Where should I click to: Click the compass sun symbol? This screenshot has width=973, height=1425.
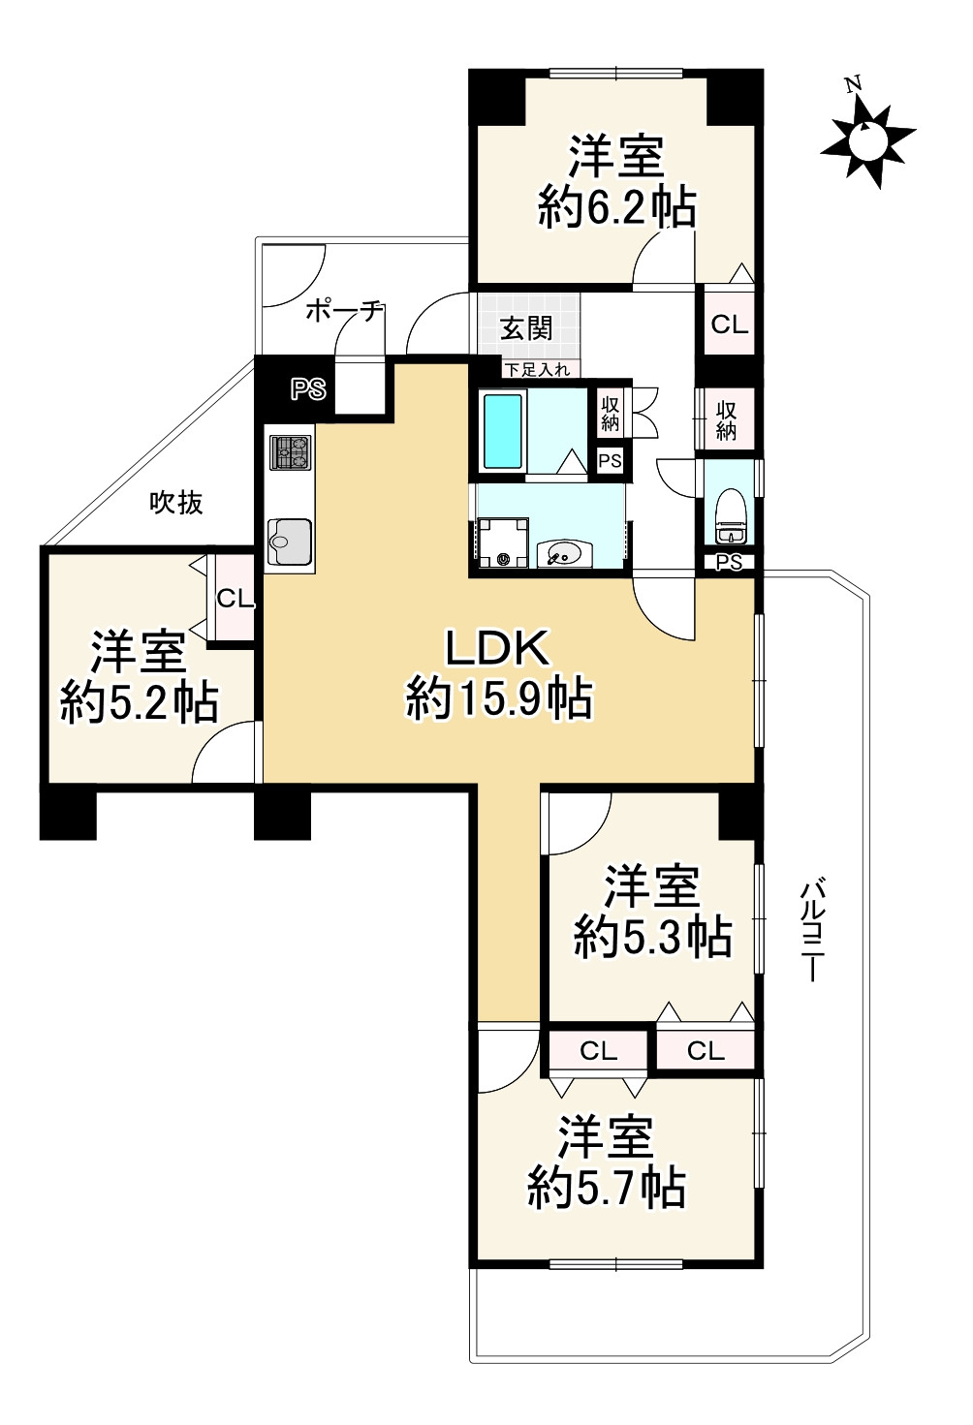pyautogui.click(x=867, y=141)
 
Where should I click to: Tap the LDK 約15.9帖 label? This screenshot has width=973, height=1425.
pyautogui.click(x=498, y=673)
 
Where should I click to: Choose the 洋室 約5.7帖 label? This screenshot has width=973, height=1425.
pyautogui.click(x=607, y=1162)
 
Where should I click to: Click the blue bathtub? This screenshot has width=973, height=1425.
pyautogui.click(x=503, y=431)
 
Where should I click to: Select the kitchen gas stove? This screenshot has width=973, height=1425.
pyautogui.click(x=291, y=452)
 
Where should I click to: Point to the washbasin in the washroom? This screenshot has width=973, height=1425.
pyautogui.click(x=563, y=553)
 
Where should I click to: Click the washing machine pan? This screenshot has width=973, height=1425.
pyautogui.click(x=503, y=543)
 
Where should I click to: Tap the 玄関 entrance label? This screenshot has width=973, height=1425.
pyautogui.click(x=526, y=329)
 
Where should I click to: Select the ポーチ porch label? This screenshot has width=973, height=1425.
pyautogui.click(x=344, y=311)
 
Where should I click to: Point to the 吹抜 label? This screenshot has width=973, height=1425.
pyautogui.click(x=176, y=503)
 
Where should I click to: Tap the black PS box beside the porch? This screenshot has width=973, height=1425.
pyautogui.click(x=308, y=389)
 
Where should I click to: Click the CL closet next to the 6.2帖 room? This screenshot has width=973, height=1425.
pyautogui.click(x=729, y=325)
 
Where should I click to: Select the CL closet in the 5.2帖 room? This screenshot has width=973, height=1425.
pyautogui.click(x=234, y=599)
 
